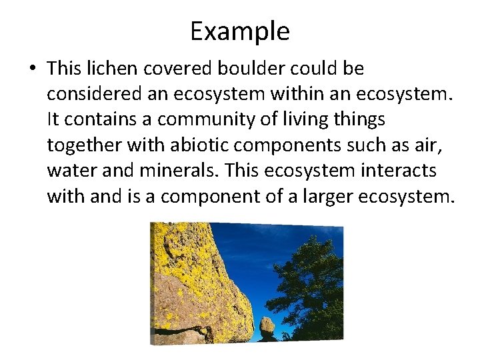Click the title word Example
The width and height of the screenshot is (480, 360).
coord(240,31)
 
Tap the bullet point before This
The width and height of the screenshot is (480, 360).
coord(31,69)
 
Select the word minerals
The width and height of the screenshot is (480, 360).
coord(179,171)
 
